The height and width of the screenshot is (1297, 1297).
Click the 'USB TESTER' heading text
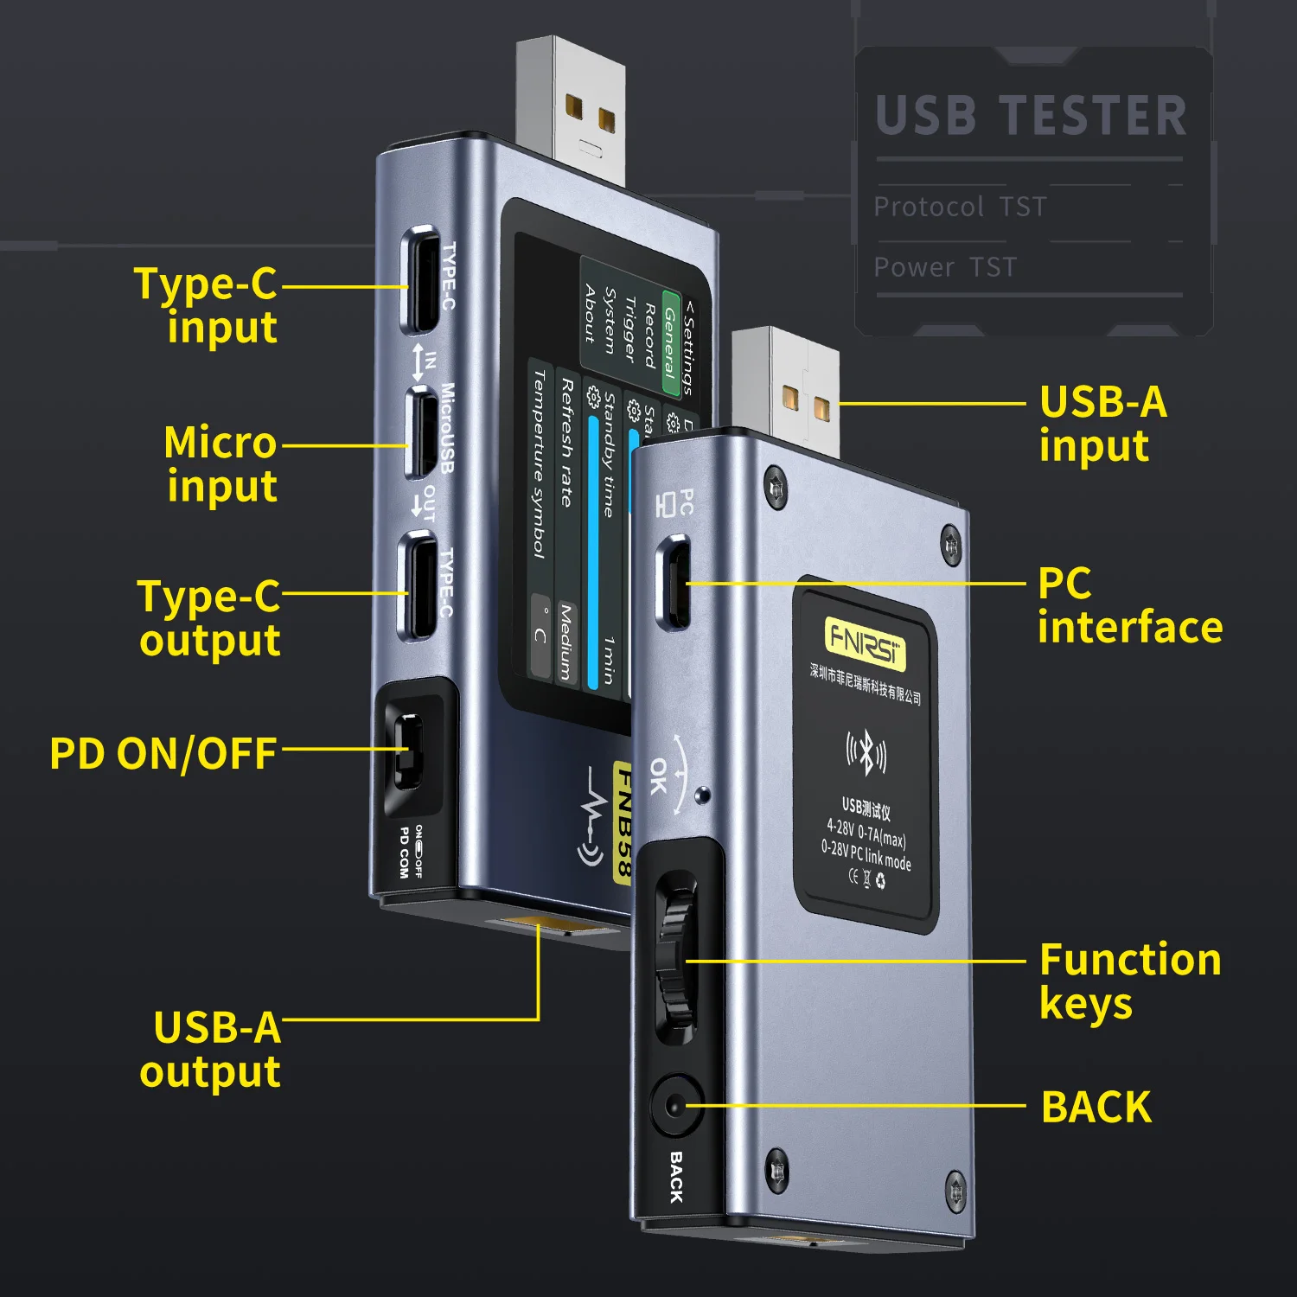click(x=1031, y=117)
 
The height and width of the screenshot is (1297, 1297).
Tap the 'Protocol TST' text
click(x=960, y=208)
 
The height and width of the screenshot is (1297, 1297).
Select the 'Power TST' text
click(x=945, y=268)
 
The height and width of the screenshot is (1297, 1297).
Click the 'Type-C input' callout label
click(x=207, y=306)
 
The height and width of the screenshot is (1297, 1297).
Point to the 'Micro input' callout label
click(x=221, y=464)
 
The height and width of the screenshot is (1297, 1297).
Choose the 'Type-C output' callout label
click(x=209, y=618)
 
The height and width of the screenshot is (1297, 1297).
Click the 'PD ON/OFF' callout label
click(x=163, y=754)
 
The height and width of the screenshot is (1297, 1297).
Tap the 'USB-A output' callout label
click(x=211, y=1050)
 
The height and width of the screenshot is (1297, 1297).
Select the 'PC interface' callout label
click(x=1129, y=605)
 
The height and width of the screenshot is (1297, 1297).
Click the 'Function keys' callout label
click(x=1129, y=981)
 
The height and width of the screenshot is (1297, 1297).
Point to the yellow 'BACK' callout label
click(x=1096, y=1108)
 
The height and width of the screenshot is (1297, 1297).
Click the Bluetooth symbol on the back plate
click(x=866, y=752)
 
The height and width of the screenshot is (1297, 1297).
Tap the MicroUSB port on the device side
click(x=421, y=432)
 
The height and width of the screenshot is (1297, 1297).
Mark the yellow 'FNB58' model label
click(x=622, y=821)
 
